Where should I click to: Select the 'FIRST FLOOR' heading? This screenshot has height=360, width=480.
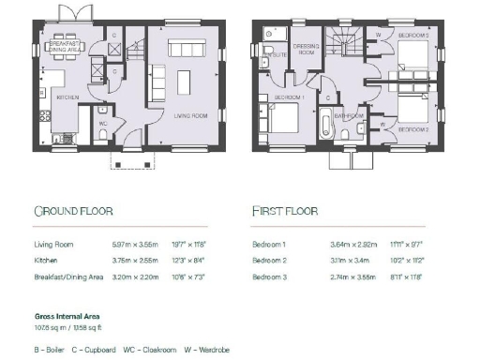click(x=285, y=211)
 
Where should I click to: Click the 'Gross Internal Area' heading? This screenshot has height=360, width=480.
click(x=63, y=318)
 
